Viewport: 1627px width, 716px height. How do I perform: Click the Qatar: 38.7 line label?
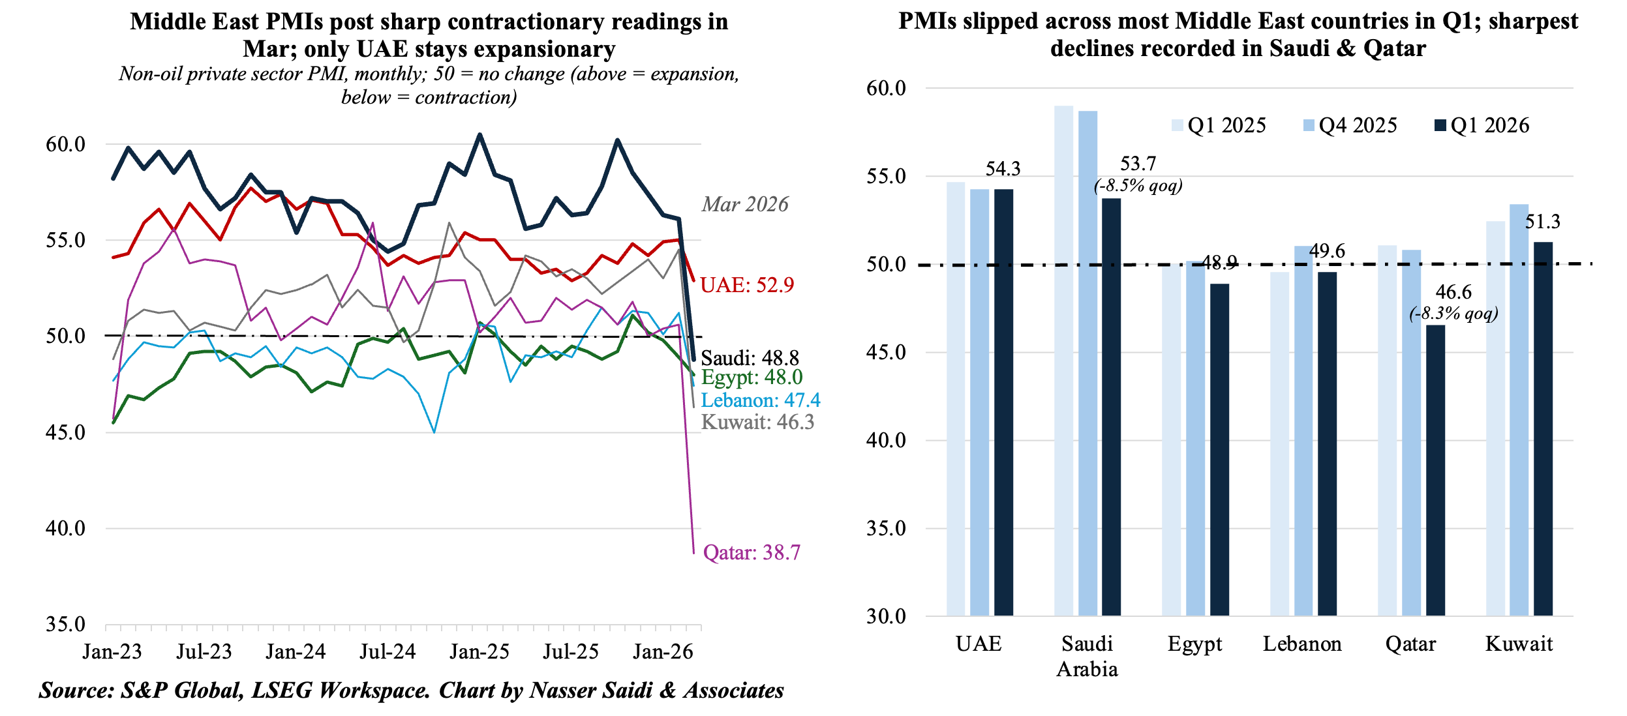click(751, 553)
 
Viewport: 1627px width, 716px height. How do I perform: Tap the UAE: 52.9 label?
click(747, 285)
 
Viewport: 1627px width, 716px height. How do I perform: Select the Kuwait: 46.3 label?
click(757, 422)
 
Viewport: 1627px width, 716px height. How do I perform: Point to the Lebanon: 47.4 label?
click(760, 400)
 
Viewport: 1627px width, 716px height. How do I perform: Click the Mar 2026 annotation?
click(745, 204)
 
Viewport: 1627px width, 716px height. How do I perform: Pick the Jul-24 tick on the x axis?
click(388, 651)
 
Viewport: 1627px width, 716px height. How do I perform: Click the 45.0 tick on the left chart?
click(65, 432)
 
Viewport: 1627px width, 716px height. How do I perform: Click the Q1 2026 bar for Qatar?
click(1435, 470)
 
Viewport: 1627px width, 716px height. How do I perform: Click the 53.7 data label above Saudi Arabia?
click(1138, 164)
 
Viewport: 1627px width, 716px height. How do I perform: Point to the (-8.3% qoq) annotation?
click(1453, 314)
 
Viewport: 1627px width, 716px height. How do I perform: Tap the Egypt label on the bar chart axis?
click(1194, 644)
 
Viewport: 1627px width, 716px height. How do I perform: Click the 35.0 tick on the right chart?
click(886, 528)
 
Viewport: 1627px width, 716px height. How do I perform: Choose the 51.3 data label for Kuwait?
click(1542, 222)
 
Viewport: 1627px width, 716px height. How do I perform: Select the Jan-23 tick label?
click(112, 651)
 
